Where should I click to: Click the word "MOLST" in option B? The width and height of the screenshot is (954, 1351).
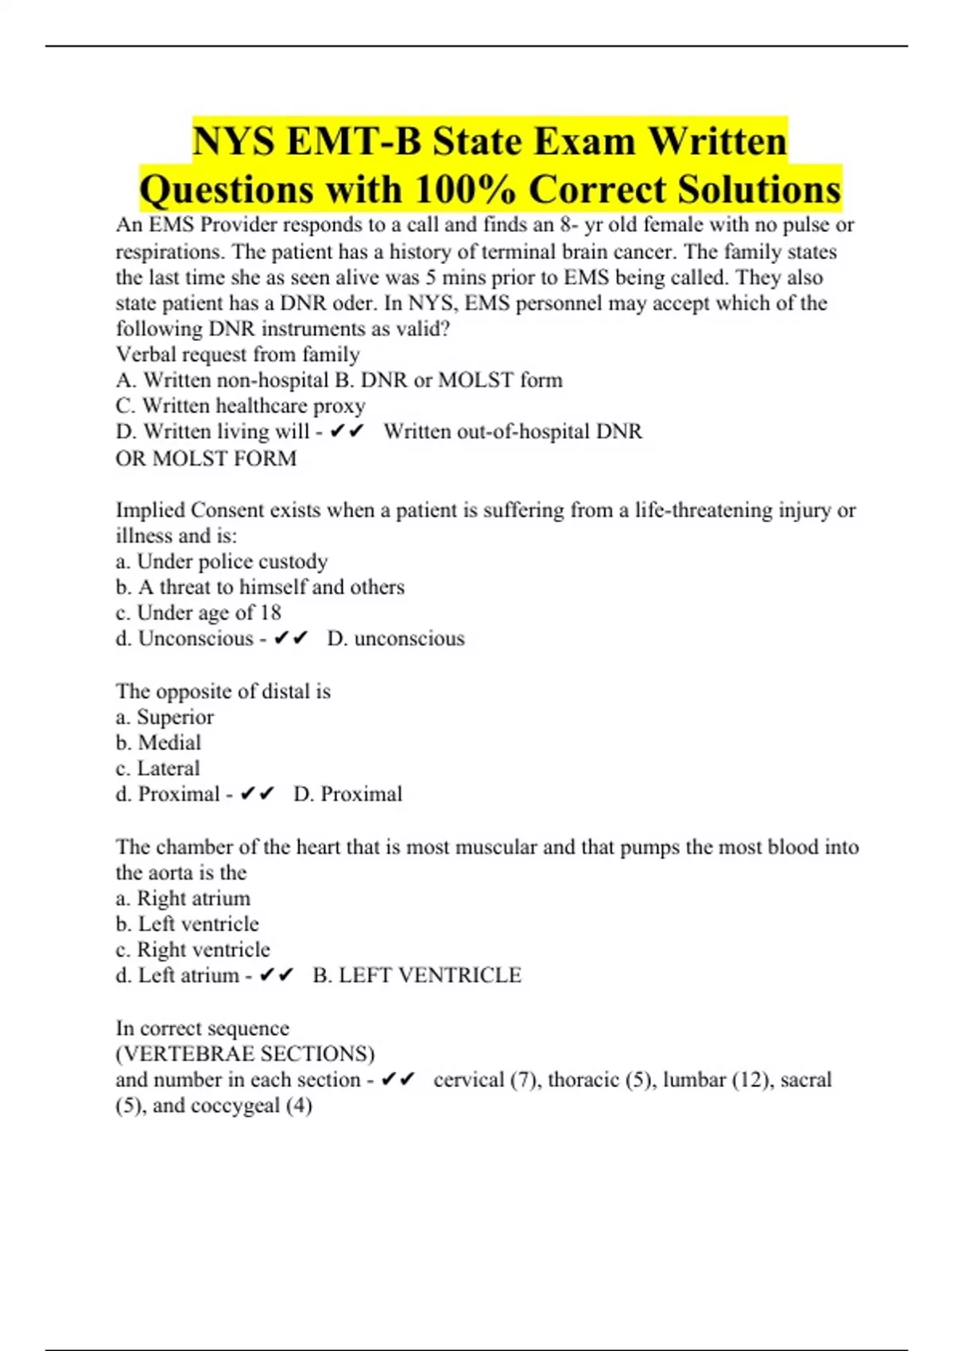point(476,380)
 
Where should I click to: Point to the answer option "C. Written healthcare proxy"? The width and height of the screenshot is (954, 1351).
point(240,406)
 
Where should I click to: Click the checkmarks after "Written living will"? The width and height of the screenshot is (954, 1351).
point(346,432)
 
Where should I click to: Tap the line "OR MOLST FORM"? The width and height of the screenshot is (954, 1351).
point(206,459)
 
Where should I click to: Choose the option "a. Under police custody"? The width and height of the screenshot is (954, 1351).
point(221,562)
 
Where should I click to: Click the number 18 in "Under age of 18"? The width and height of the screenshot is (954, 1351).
point(270,613)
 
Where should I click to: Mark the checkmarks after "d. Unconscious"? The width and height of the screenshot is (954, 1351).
point(290,639)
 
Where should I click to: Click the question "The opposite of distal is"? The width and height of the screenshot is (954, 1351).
point(223,691)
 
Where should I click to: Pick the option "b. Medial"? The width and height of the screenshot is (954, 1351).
point(158,743)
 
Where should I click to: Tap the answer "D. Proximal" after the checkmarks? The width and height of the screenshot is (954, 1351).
point(347,794)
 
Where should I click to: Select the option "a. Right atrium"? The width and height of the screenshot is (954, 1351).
point(183,899)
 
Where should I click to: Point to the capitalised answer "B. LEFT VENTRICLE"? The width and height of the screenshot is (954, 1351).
point(417,975)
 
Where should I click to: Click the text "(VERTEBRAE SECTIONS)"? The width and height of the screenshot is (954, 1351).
point(245,1054)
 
